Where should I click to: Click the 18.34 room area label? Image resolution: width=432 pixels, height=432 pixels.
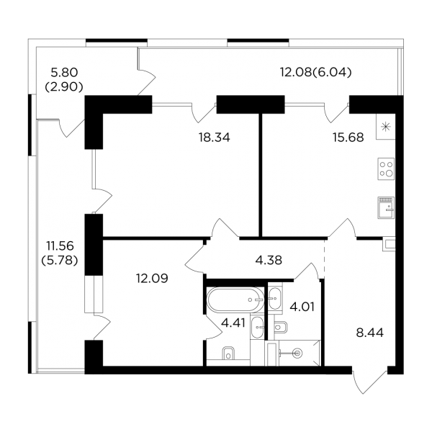coord(215,138)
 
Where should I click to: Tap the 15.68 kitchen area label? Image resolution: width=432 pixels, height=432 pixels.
coord(348,138)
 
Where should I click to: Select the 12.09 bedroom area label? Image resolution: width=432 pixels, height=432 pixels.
coord(152,278)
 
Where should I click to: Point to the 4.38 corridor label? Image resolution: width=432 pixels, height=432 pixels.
coord(269,260)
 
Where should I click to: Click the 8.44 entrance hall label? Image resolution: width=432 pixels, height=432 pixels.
coord(370,333)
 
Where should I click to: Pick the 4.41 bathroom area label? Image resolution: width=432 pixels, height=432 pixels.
coord(233,323)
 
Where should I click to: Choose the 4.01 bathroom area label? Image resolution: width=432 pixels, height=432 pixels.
coord(302,307)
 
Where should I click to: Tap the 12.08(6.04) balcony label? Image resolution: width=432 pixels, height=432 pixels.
coord(316,72)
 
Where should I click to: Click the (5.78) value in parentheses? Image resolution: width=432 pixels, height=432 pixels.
coord(60,260)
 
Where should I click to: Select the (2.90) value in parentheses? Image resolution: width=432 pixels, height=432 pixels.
coord(64,87)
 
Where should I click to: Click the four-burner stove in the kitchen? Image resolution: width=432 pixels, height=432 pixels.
coord(386,169)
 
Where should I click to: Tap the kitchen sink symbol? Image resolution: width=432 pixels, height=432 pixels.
coord(386,208)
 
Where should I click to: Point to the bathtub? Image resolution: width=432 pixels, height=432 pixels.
coord(234,300)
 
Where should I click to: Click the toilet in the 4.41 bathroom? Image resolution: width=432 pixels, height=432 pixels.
coord(228,353)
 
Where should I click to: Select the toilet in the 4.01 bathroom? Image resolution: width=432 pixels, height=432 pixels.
coord(281,327)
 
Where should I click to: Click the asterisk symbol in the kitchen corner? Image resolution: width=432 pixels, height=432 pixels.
coord(386,127)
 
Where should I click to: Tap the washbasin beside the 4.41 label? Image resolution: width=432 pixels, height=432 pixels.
coord(258,328)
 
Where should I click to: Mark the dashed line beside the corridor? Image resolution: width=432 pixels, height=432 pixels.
coord(325,258)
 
